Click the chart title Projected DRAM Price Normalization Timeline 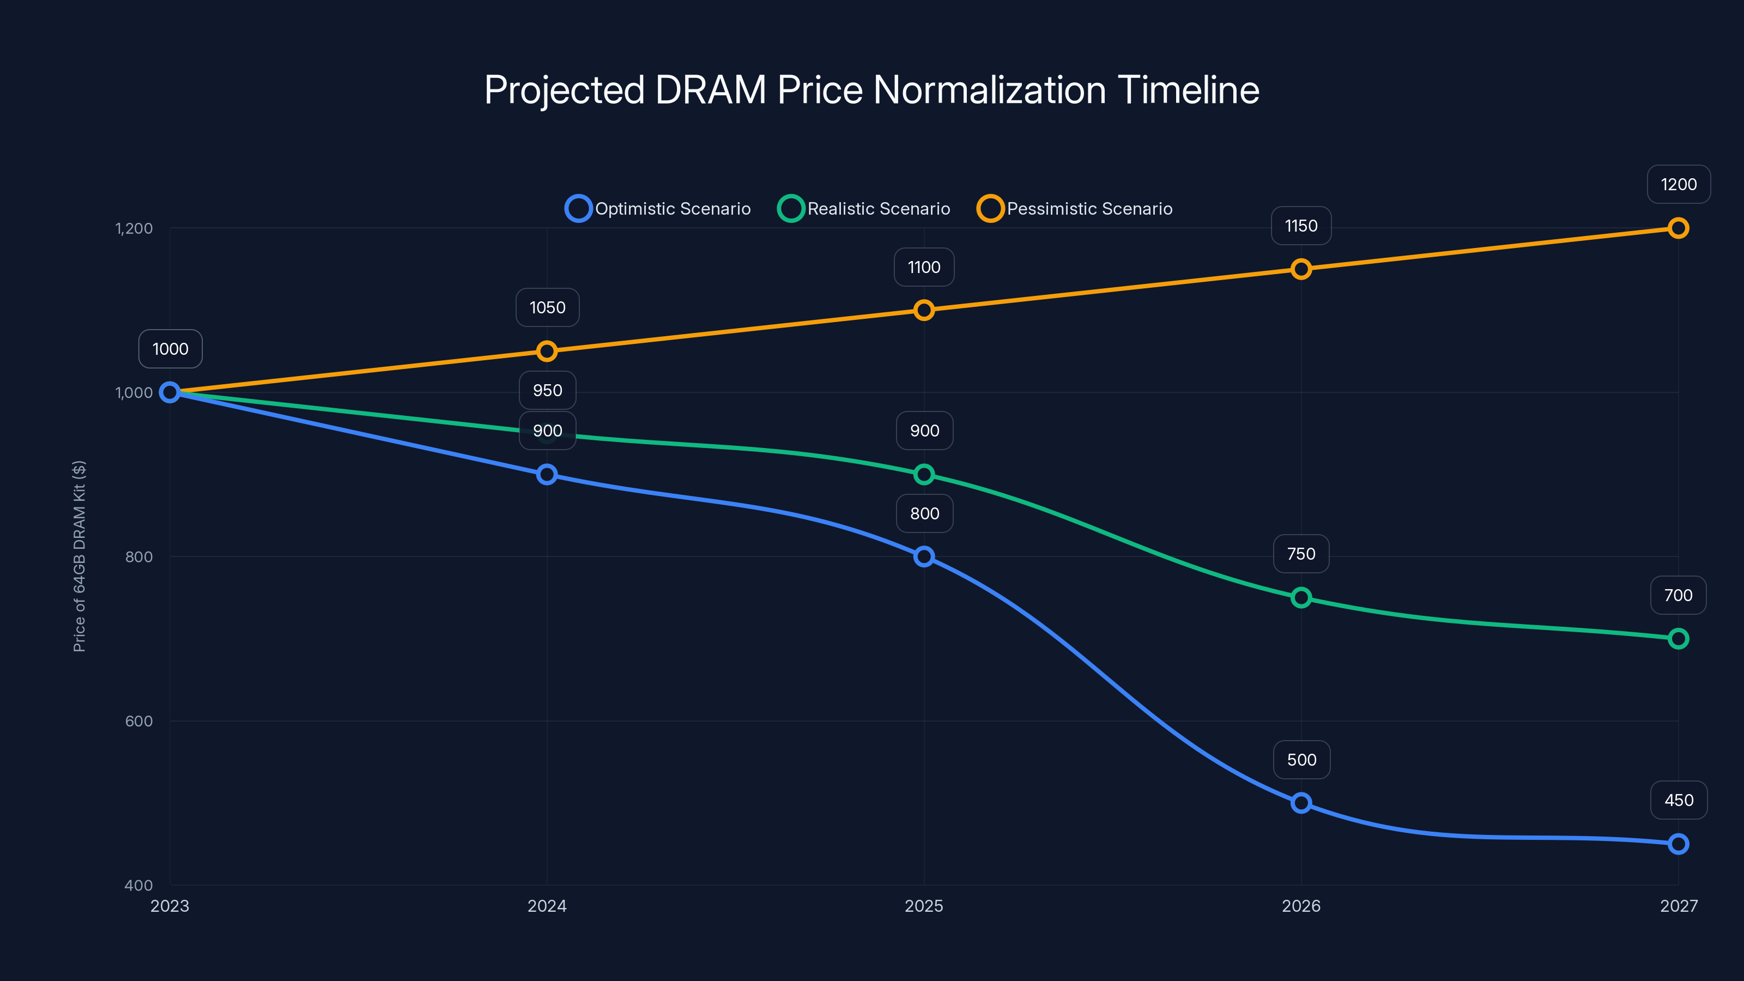click(x=871, y=90)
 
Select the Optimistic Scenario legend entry click(x=657, y=209)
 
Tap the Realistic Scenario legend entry click(x=864, y=209)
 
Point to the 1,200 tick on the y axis click(x=134, y=228)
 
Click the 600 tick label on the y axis click(x=139, y=721)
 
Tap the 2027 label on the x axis click(x=1679, y=906)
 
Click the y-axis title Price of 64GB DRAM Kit click(x=79, y=556)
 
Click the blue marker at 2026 click(x=1300, y=803)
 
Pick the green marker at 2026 click(x=1300, y=598)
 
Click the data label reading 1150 click(x=1300, y=226)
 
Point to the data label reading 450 click(x=1679, y=800)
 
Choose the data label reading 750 click(x=1300, y=554)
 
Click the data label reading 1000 click(x=170, y=349)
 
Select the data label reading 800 click(x=924, y=513)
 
